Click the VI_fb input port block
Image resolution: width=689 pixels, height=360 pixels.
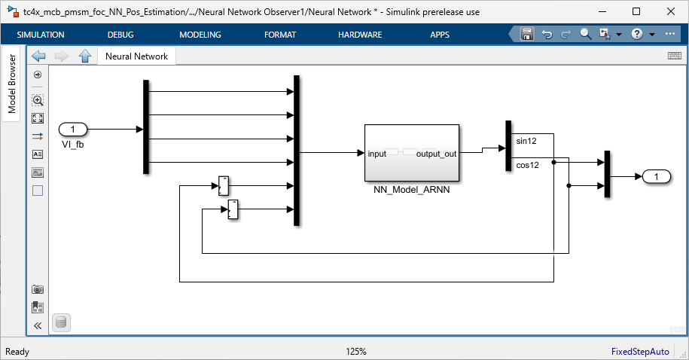click(73, 130)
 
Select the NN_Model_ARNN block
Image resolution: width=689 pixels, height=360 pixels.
click(412, 153)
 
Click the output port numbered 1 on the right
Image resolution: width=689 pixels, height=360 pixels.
click(657, 177)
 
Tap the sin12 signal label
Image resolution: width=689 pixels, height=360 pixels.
click(526, 141)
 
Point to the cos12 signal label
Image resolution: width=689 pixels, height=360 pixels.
click(527, 165)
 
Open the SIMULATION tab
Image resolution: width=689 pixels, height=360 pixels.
click(41, 35)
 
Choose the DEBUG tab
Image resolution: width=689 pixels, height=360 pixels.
click(120, 35)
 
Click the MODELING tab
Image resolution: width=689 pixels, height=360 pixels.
click(200, 35)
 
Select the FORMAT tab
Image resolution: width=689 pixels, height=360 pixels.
click(280, 35)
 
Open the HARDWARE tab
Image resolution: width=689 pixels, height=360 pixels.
click(360, 35)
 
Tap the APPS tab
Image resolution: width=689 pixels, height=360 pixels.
click(440, 35)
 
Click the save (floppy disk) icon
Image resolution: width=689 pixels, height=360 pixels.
click(527, 34)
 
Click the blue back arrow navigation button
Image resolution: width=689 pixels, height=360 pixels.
click(38, 56)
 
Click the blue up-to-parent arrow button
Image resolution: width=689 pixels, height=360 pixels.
click(85, 56)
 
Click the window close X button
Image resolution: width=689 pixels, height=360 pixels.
click(670, 11)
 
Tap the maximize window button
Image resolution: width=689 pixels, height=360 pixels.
click(636, 11)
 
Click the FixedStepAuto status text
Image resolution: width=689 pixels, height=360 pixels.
click(640, 352)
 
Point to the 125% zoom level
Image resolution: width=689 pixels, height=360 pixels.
click(356, 352)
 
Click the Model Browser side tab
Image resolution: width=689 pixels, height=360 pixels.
click(11, 84)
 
